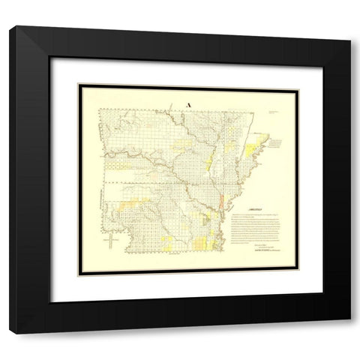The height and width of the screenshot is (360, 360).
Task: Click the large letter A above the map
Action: pos(187,104)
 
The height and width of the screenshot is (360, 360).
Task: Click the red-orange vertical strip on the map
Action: pos(223,202)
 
